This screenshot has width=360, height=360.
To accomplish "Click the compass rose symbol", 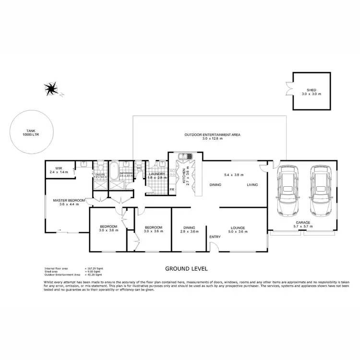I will (x=51, y=89).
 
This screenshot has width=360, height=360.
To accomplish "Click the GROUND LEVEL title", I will (x=186, y=269).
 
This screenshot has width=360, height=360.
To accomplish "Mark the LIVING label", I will (x=252, y=185).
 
